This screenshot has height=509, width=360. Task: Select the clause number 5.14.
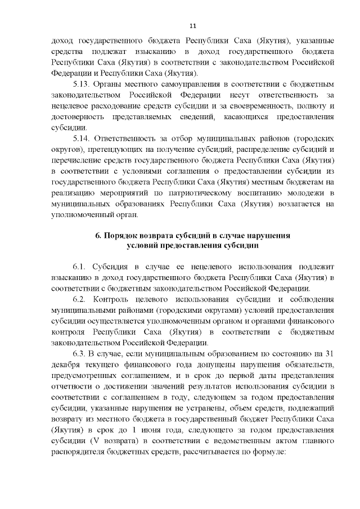(83, 138)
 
